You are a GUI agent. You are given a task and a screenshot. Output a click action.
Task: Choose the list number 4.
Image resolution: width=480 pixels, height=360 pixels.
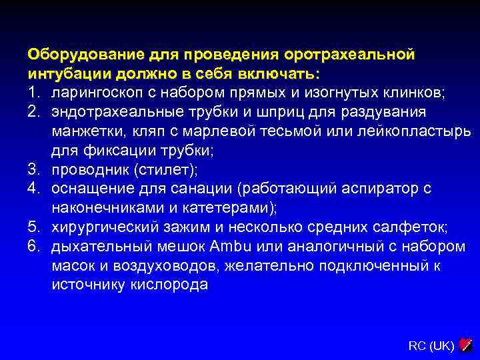pyautogui.click(x=34, y=189)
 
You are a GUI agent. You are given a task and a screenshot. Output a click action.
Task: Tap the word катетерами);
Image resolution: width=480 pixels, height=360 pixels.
pyautogui.click(x=233, y=208)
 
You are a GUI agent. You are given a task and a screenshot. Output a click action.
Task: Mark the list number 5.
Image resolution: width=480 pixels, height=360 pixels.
pyautogui.click(x=34, y=227)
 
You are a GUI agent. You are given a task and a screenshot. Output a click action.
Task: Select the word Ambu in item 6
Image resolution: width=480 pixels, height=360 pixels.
pyautogui.click(x=230, y=247)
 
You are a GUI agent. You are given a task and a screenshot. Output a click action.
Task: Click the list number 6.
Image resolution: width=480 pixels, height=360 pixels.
pyautogui.click(x=34, y=247)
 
